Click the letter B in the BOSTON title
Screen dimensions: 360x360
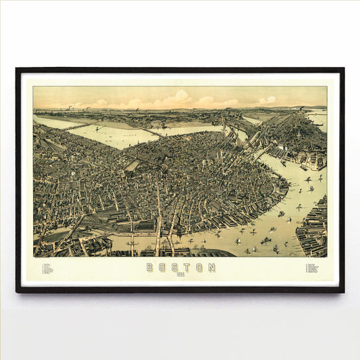pyautogui.click(x=149, y=267)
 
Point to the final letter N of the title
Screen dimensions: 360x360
pyautogui.click(x=211, y=267)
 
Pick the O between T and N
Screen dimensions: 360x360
pyautogui.click(x=199, y=267)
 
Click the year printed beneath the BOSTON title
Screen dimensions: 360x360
pyautogui.click(x=180, y=275)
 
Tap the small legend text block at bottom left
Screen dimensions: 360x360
pyautogui.click(x=48, y=268)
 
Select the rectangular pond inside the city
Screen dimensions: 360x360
pyautogui.click(x=133, y=165)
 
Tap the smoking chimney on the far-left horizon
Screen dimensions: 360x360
pyautogui.click(x=69, y=107)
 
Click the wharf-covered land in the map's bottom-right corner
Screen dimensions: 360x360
pyautogui.click(x=313, y=226)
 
